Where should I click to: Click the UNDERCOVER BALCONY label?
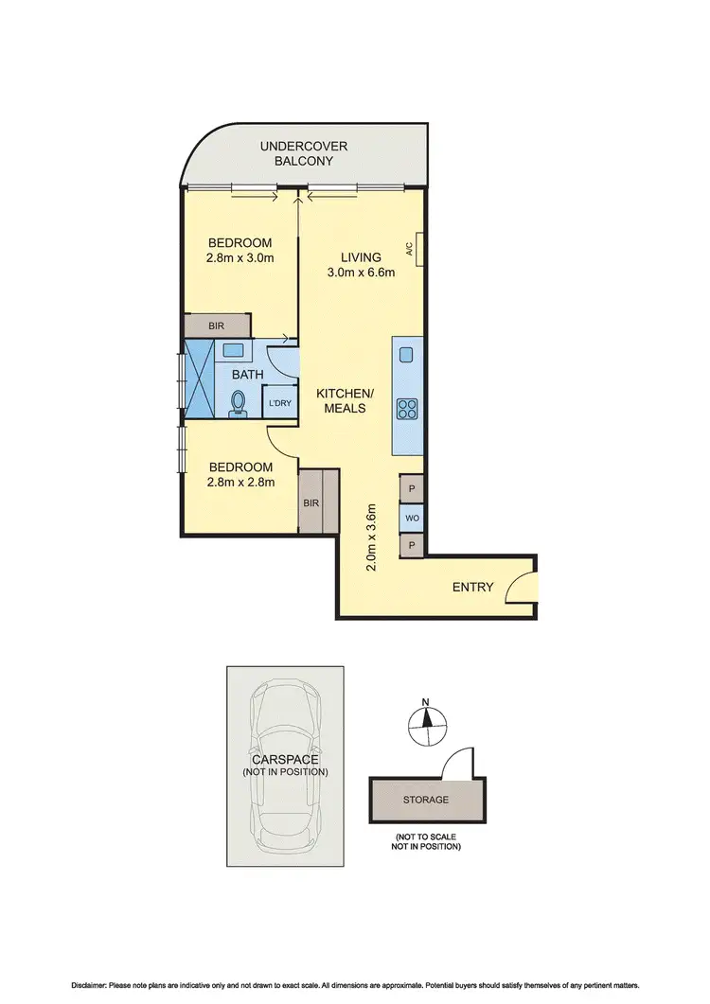click(x=305, y=153)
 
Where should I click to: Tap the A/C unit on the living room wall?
click(x=417, y=250)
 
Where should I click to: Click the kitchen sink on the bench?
click(x=407, y=355)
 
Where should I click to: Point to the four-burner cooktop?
click(x=408, y=409)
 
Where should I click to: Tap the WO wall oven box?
click(x=412, y=518)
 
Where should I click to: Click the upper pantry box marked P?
click(x=412, y=489)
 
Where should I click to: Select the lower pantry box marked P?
click(x=412, y=545)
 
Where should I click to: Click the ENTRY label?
click(x=472, y=587)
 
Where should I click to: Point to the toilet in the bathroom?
click(x=238, y=404)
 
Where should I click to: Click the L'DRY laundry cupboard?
click(x=279, y=403)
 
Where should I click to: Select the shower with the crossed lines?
click(x=200, y=377)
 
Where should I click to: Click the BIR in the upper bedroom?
click(x=217, y=325)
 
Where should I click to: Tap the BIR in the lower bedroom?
click(x=311, y=502)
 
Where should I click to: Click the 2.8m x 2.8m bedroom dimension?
click(x=240, y=482)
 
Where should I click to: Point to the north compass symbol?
click(x=426, y=721)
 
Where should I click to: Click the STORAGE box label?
click(x=426, y=800)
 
